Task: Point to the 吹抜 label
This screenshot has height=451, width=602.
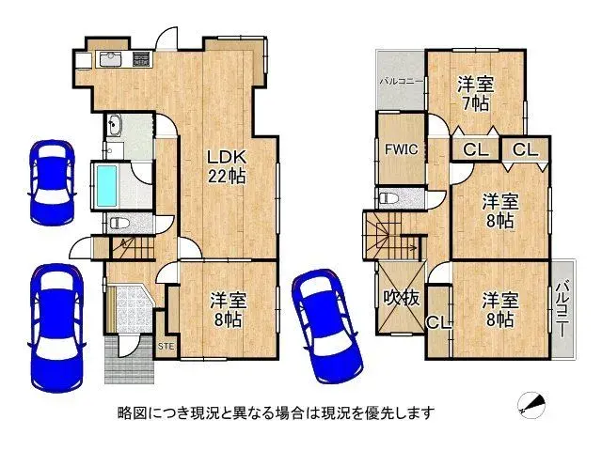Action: click(x=401, y=298)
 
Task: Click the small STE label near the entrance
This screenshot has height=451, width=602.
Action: click(x=166, y=348)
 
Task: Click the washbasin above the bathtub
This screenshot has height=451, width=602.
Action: click(x=115, y=127)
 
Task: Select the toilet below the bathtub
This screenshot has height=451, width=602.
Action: click(x=117, y=224)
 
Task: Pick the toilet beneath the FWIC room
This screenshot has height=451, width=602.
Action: click(x=388, y=198)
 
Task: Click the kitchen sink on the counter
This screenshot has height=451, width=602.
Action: click(x=111, y=59)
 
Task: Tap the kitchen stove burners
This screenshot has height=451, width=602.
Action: click(x=141, y=59)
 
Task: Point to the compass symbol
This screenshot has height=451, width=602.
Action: click(x=531, y=404)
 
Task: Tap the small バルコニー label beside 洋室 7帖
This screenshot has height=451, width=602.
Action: click(x=399, y=82)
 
